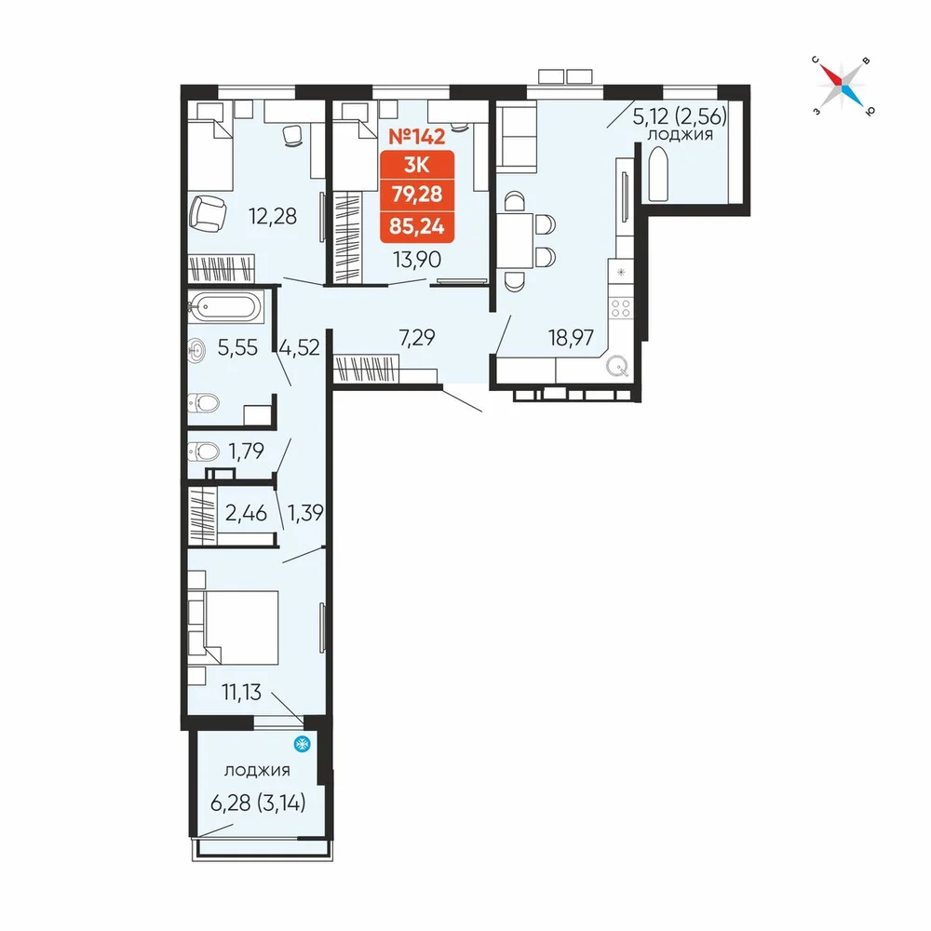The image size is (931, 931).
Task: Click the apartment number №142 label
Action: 416,137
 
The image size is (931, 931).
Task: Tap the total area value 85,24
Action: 417,225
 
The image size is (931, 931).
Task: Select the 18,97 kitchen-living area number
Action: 571,338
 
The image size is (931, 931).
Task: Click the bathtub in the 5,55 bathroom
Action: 224,307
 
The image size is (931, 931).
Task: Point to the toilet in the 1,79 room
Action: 203,452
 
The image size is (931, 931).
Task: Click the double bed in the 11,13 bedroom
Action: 241,627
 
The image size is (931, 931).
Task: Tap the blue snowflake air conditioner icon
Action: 303,743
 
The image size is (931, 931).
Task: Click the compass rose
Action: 843,86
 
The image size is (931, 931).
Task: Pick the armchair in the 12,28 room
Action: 208,214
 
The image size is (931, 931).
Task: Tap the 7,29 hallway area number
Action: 417,337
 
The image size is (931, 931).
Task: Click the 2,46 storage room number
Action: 246,512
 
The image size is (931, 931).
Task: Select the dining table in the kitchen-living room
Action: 515,241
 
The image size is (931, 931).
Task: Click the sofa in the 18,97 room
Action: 516,137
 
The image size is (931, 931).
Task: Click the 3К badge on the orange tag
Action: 417,165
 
